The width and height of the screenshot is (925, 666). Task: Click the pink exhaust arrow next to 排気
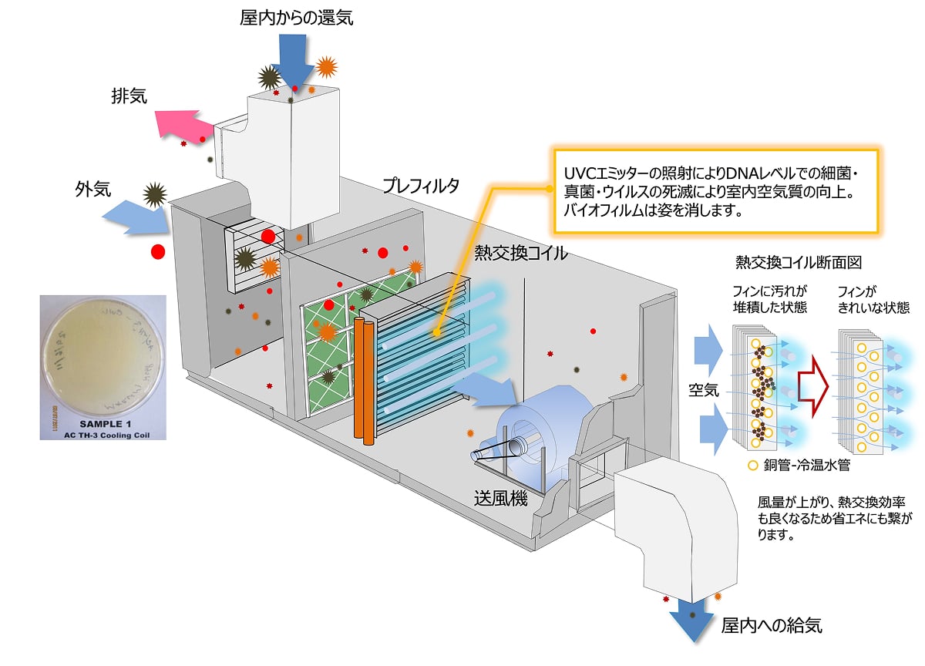181,124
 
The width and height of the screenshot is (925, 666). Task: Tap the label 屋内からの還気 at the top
296,18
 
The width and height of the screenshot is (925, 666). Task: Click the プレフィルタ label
421,186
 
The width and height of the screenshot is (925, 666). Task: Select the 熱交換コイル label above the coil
521,252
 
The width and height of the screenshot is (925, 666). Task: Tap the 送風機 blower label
500,498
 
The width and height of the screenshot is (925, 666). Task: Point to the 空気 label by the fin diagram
703,390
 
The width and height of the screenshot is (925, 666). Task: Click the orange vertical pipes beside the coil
363,378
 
